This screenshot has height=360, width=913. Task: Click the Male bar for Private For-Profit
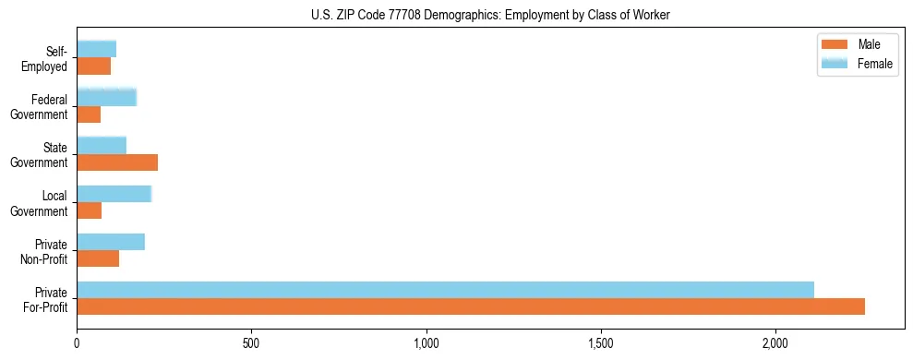coord(471,306)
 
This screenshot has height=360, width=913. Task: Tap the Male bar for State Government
coord(117,162)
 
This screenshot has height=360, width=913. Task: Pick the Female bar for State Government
coord(102,145)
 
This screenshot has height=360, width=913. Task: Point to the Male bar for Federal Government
coord(89,114)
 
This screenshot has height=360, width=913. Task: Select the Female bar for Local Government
coord(114,194)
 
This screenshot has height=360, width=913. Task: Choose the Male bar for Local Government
coord(89,210)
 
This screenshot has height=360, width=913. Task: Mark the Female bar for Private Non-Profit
coord(111,242)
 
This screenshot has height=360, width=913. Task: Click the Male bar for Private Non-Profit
coord(98,258)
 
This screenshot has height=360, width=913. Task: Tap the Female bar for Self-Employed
coord(96,49)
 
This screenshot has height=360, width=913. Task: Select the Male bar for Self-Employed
coord(93,66)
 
